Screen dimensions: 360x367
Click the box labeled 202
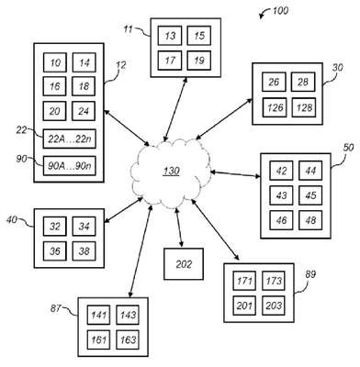click(x=184, y=264)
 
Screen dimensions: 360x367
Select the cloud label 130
click(x=171, y=172)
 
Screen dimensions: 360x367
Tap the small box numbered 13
click(x=170, y=36)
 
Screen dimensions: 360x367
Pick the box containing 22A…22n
click(x=69, y=139)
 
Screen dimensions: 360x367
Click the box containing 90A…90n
click(x=69, y=166)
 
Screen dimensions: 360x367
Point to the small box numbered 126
click(x=275, y=107)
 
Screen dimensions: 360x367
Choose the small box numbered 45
click(x=310, y=195)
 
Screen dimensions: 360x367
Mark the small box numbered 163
click(x=128, y=339)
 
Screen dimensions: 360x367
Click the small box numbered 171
click(x=244, y=281)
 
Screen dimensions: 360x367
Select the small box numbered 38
click(x=84, y=251)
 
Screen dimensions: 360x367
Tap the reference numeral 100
click(x=280, y=11)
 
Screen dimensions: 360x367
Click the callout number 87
click(x=56, y=308)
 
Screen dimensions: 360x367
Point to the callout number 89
click(x=310, y=274)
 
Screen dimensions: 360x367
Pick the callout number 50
click(x=348, y=148)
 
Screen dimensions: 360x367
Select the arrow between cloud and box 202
click(x=179, y=228)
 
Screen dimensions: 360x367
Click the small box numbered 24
click(x=84, y=111)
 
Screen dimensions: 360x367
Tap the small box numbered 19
click(x=199, y=61)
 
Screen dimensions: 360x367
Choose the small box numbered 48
click(x=310, y=220)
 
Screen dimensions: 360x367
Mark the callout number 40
click(x=12, y=219)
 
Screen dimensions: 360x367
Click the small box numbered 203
click(x=274, y=306)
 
